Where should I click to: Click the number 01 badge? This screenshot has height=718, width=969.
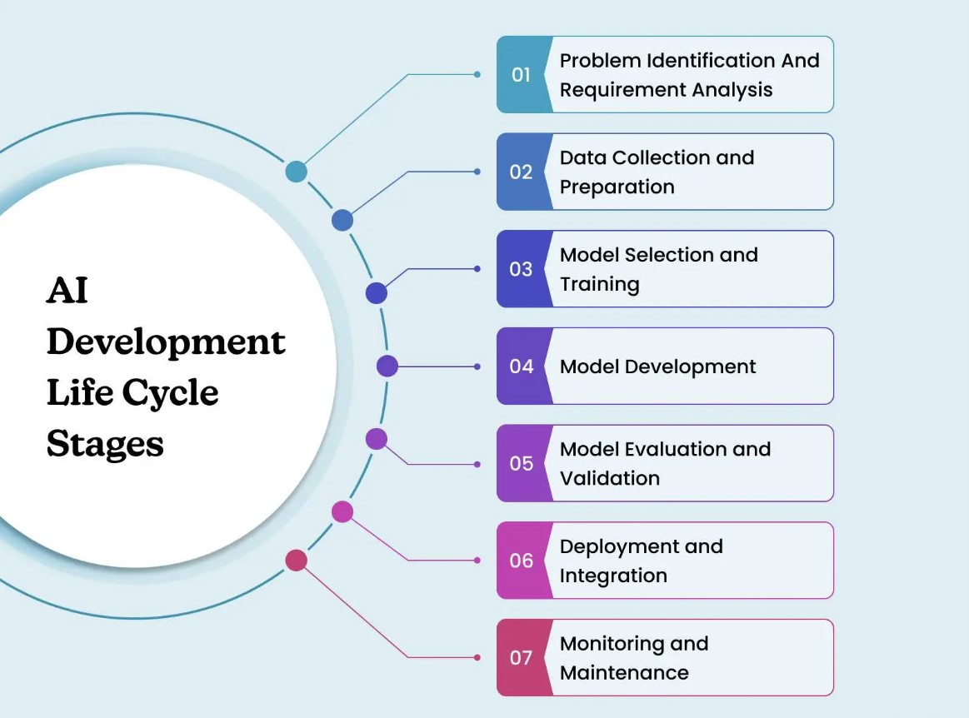(x=522, y=75)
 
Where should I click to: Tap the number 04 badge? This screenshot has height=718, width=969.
(x=522, y=366)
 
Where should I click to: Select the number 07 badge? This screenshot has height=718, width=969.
(x=522, y=658)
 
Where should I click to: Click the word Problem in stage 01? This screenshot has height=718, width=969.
(x=597, y=61)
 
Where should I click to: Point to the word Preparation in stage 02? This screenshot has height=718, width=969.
(x=617, y=187)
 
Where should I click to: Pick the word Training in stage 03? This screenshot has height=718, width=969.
(x=599, y=285)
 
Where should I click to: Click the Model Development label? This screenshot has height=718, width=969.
(x=657, y=366)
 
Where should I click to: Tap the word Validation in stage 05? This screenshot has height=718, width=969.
(x=609, y=479)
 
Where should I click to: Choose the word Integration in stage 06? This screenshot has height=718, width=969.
(x=613, y=576)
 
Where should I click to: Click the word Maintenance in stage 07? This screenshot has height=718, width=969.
(x=624, y=673)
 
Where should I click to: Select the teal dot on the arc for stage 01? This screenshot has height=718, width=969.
(x=296, y=172)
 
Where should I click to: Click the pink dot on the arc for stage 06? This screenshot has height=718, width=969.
(x=342, y=511)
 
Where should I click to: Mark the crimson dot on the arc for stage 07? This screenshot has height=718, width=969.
(x=296, y=560)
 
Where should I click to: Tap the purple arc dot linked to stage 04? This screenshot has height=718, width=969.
(x=387, y=366)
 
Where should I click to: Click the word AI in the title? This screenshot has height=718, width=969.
(x=67, y=292)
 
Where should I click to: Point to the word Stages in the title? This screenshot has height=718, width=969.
(x=105, y=445)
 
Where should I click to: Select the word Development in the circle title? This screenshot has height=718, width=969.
(x=166, y=342)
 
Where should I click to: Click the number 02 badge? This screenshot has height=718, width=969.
(x=522, y=172)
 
